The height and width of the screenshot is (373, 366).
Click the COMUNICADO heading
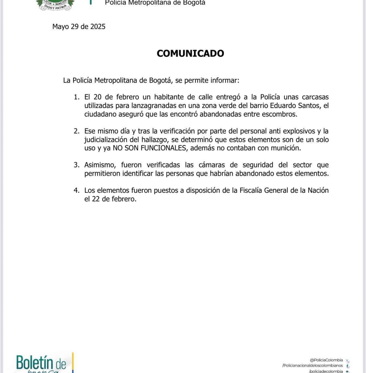(190, 53)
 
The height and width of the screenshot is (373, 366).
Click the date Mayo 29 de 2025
(79, 27)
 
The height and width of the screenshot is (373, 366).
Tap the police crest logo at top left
(55, 5)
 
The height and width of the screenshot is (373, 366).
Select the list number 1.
(77, 97)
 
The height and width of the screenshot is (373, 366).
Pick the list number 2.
(77, 131)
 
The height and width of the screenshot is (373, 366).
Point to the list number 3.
(77, 165)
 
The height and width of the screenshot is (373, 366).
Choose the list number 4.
(77, 190)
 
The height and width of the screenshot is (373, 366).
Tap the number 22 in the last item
(96, 199)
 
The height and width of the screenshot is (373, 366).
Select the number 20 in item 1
(98, 97)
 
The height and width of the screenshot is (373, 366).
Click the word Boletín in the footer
(35, 362)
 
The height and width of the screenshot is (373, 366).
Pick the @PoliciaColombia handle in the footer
(326, 360)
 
